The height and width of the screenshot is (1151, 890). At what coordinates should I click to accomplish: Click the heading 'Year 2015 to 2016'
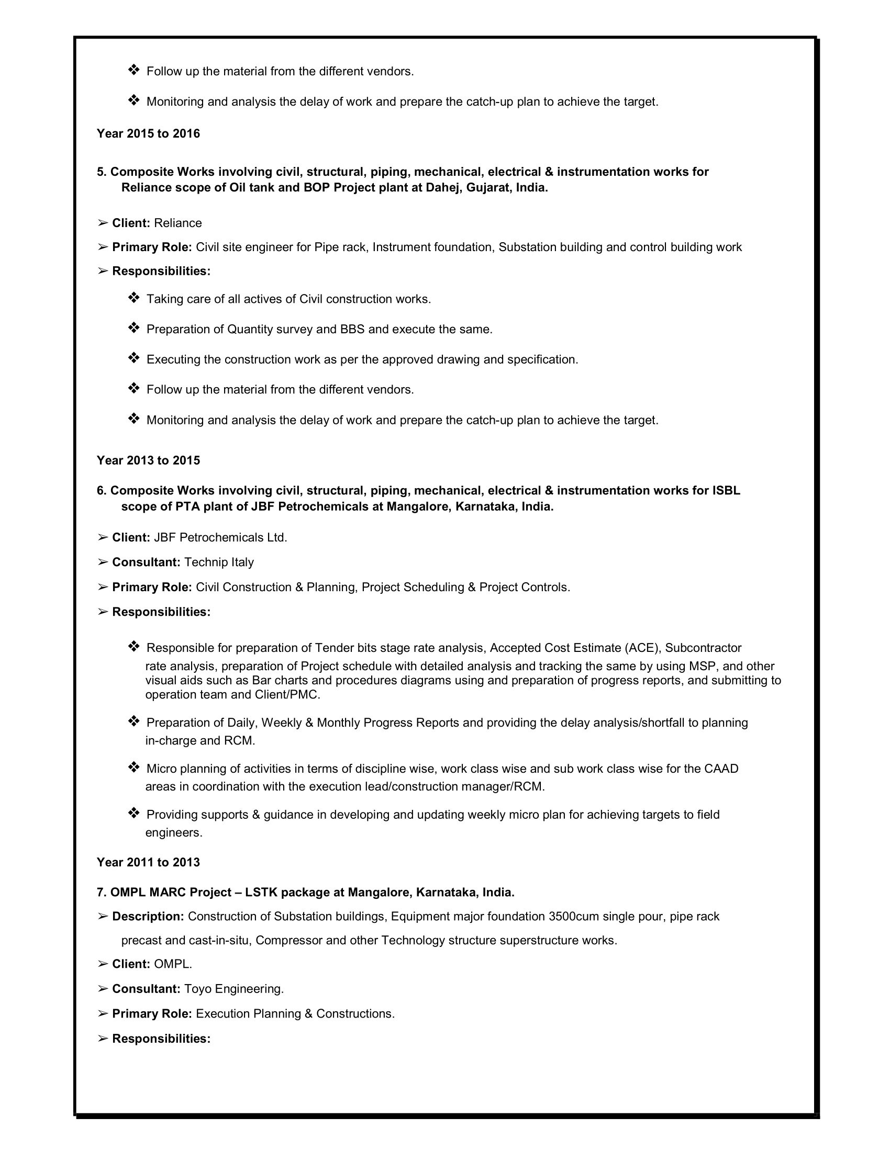click(148, 133)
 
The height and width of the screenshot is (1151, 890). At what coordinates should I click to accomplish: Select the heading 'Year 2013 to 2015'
click(148, 460)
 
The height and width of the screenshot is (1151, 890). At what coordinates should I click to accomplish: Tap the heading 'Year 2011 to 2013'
click(148, 862)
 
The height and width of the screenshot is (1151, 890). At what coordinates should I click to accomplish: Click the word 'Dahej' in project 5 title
click(442, 188)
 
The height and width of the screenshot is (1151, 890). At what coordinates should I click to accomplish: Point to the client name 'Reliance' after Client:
click(177, 223)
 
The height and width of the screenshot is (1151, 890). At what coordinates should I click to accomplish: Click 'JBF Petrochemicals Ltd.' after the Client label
click(220, 537)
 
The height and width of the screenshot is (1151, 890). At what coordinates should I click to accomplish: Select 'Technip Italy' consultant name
click(219, 562)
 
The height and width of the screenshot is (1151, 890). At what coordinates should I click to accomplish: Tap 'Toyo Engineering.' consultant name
click(233, 989)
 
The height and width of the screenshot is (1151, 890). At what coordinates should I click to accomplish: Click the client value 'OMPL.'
click(173, 964)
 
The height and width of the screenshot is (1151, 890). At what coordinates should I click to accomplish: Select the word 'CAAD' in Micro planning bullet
click(721, 769)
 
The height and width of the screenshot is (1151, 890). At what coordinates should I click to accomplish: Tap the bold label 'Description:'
click(148, 917)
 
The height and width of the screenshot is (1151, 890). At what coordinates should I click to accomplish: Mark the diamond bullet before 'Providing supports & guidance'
click(133, 814)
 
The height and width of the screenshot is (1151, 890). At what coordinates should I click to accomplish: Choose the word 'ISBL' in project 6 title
click(726, 491)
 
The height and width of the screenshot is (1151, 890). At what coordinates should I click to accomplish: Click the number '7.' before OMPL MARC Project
click(102, 892)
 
